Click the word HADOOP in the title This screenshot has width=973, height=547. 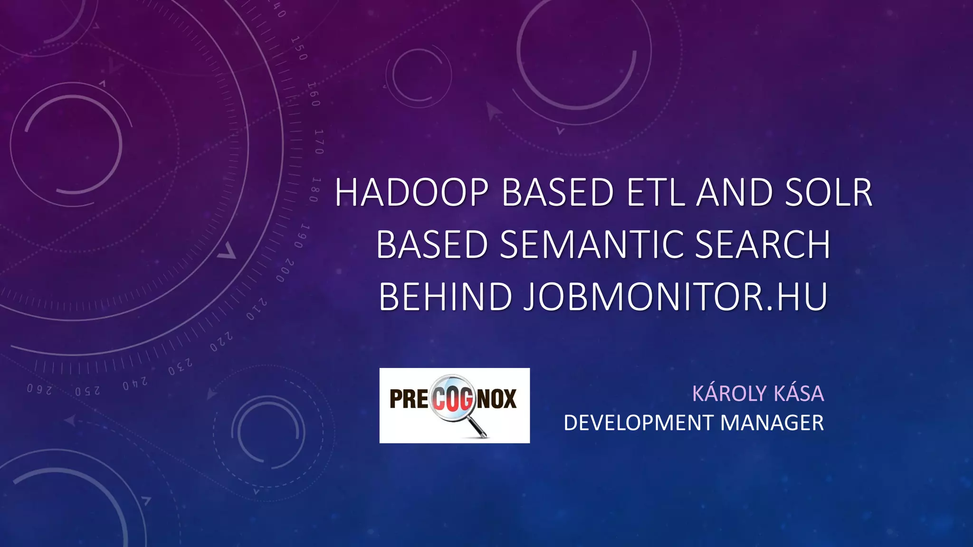(411, 193)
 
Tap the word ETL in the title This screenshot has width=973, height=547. (656, 193)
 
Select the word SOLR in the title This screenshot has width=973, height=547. (829, 193)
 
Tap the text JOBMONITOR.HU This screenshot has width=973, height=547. (676, 297)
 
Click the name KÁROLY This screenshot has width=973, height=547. (729, 394)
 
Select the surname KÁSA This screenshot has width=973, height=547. (799, 394)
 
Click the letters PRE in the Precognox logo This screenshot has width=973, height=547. (409, 399)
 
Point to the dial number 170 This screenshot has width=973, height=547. (319, 141)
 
